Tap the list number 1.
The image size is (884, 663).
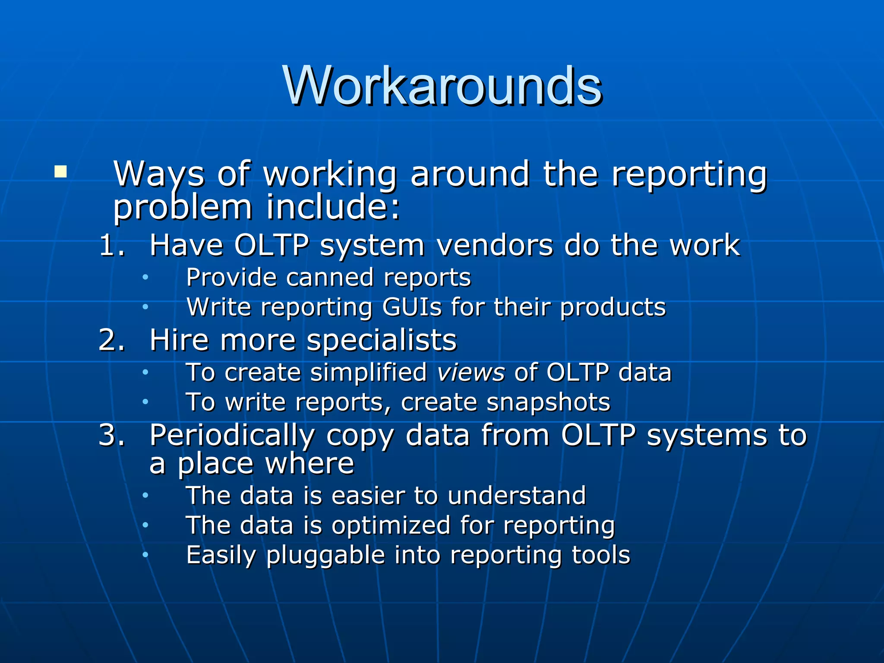pos(111,246)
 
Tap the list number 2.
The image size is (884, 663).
pos(111,340)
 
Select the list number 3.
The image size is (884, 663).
pos(111,435)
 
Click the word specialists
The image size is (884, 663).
pos(382,340)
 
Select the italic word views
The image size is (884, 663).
pos(471,372)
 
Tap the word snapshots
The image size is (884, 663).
pos(548,402)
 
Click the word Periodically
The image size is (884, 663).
pos(232,435)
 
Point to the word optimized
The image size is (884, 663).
pos(391,525)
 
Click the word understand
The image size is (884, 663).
pos(517,496)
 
